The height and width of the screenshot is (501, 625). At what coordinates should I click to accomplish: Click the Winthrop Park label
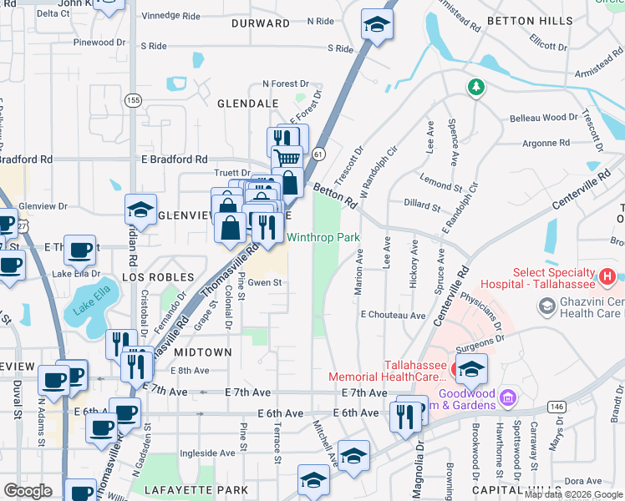point(323,238)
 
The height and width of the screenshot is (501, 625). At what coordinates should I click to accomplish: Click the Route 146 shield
point(556,406)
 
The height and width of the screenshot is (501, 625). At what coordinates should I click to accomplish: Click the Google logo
point(28,491)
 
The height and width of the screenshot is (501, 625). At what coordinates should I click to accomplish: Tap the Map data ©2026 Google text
point(572,494)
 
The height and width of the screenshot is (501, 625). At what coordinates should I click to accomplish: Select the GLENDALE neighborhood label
point(247,104)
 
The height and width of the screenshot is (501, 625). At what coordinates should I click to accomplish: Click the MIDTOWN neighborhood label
point(203,352)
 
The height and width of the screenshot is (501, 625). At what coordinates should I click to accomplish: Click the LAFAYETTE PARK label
point(196,489)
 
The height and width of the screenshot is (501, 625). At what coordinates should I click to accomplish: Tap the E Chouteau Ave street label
point(394,316)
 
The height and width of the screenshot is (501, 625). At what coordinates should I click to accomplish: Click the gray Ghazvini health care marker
point(546,308)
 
